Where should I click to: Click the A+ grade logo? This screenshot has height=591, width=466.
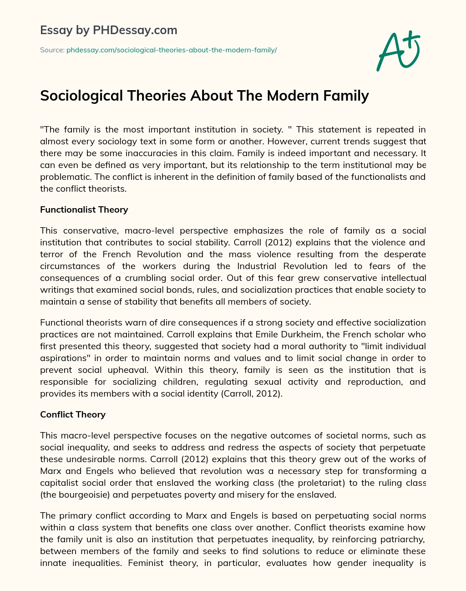[x=398, y=51]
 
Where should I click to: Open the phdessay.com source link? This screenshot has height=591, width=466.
[x=172, y=50]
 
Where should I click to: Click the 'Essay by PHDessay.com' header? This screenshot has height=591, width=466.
[x=108, y=31]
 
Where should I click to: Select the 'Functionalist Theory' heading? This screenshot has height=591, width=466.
[x=84, y=210]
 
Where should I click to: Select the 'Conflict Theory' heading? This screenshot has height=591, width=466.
[x=73, y=414]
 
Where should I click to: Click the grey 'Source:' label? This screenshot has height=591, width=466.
[x=52, y=50]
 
